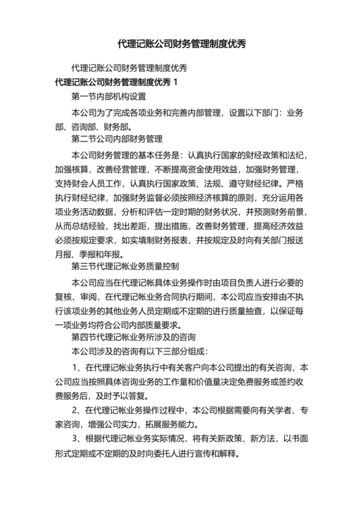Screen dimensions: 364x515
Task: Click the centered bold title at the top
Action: point(181,44)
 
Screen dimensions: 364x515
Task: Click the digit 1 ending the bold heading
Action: point(174,83)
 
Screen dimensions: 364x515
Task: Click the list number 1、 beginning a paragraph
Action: point(77,367)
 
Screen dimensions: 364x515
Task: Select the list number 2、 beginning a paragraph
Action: point(77,410)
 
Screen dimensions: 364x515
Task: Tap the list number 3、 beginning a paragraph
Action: point(77,439)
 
